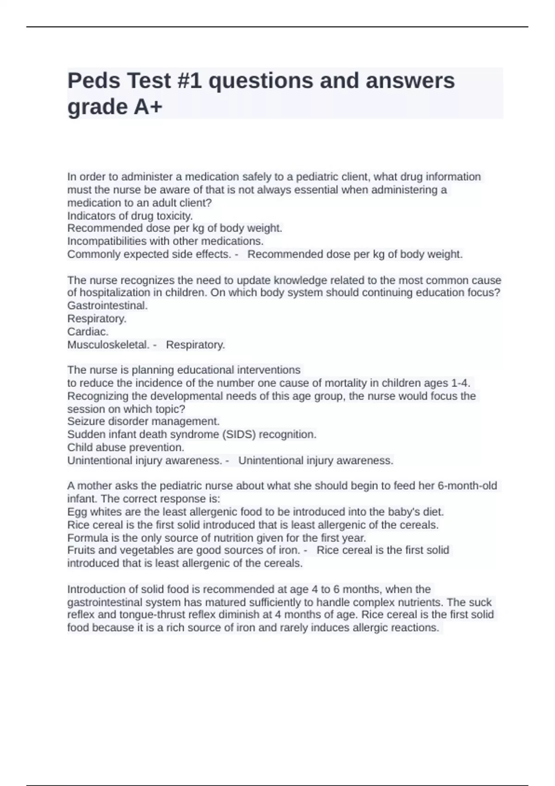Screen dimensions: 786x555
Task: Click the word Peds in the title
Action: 93,81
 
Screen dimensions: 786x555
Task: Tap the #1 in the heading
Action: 190,81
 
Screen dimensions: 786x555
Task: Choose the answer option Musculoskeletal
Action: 108,345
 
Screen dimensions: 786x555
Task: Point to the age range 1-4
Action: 460,383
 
